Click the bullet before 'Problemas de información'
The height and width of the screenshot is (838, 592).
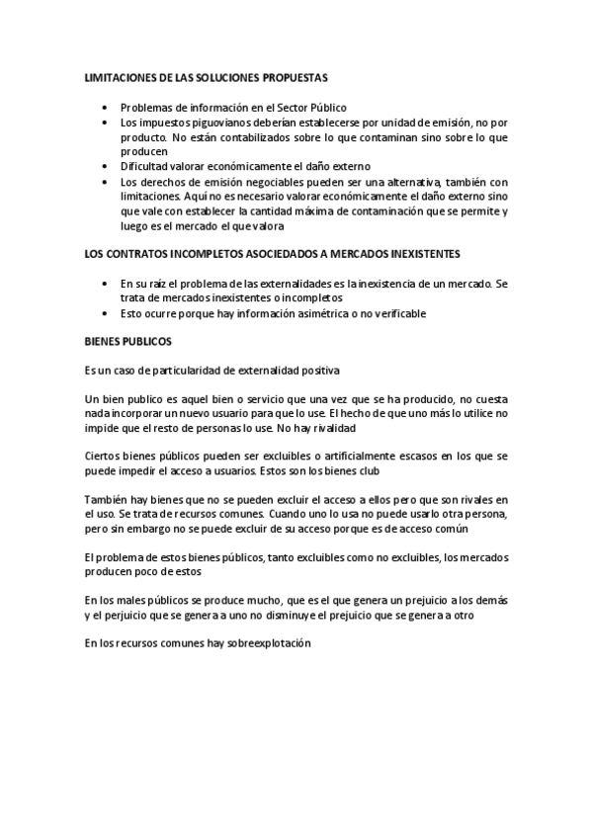[106, 107]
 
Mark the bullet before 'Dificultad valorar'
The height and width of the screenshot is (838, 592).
[106, 167]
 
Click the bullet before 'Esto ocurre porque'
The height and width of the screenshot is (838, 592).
[106, 314]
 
